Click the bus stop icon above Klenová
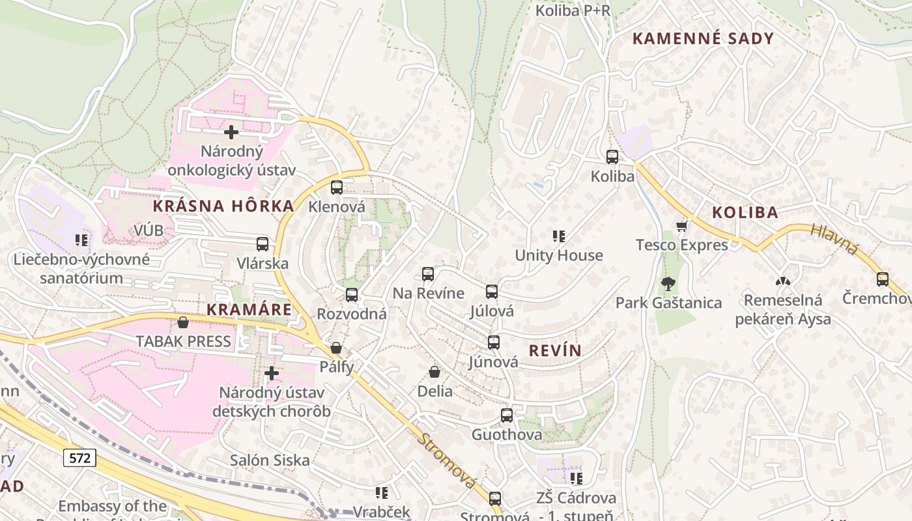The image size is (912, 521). coord(336,188)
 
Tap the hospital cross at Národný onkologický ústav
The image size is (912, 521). coord(231,132)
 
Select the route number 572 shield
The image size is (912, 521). coord(79,458)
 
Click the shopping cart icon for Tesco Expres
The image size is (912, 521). coord(682,226)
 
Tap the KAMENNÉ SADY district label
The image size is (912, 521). coord(703,38)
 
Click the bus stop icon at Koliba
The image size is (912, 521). coord(612,157)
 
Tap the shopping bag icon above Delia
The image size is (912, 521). coord(435,372)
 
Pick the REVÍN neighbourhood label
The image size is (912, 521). coord(555,350)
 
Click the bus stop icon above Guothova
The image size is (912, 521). coord(507,415)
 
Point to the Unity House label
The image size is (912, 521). coord(559,255)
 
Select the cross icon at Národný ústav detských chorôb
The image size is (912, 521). coord(272,373)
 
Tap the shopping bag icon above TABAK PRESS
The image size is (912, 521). coord(183,322)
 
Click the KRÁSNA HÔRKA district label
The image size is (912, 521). coord(223,206)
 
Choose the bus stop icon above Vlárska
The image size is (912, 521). coord(263,244)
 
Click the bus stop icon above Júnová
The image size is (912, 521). coord(494,343)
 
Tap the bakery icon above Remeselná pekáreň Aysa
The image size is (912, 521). coord(783,281)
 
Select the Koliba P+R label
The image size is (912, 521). coord(573,10)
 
